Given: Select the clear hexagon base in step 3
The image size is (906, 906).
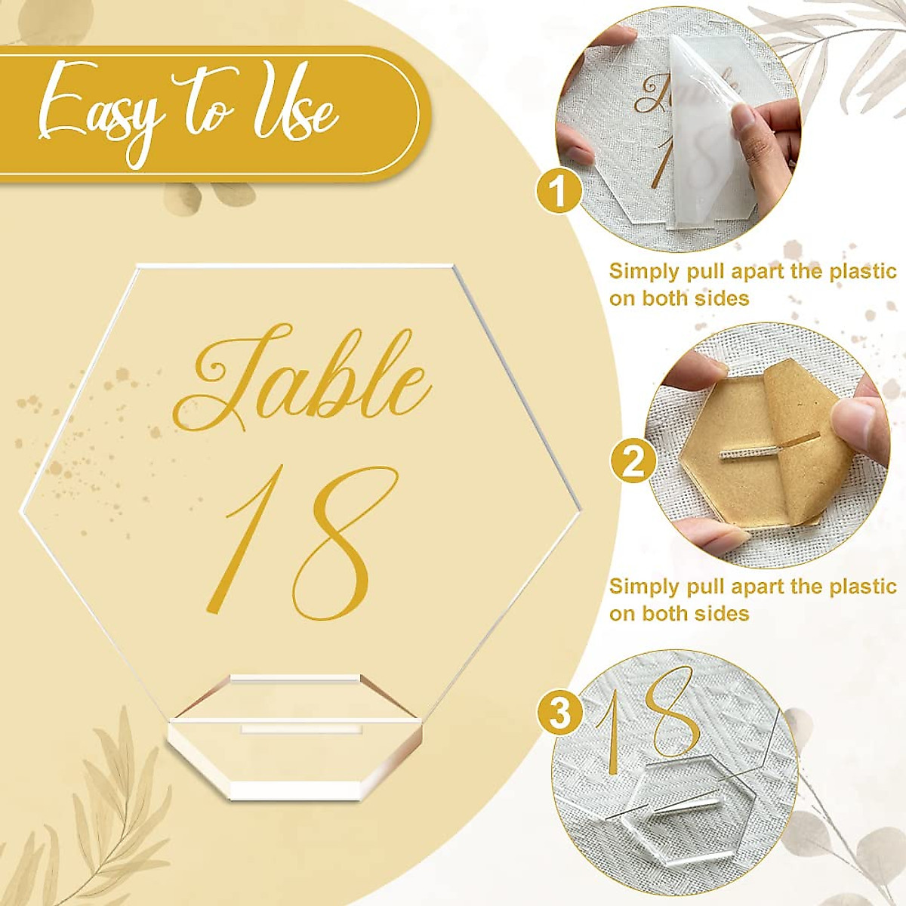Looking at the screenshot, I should click(x=679, y=823).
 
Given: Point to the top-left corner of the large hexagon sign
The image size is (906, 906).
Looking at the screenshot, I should click(x=138, y=267).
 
